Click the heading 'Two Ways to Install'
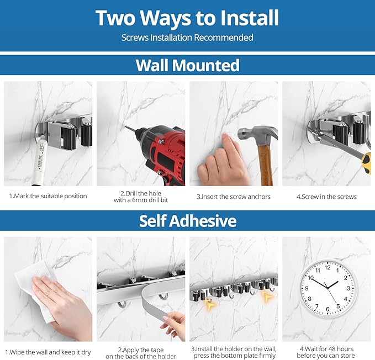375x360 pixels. [x=187, y=18]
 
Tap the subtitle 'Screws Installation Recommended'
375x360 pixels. [x=187, y=38]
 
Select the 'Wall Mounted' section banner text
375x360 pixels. [x=187, y=65]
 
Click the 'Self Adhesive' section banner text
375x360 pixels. [x=187, y=221]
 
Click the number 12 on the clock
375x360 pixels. [x=328, y=267]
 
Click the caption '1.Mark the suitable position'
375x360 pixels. [x=48, y=197]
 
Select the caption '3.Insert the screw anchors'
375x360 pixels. [x=234, y=197]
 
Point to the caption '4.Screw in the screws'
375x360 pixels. [x=326, y=197]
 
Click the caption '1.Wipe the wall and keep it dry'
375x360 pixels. [x=48, y=352]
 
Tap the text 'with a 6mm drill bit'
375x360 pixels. [x=141, y=200]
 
